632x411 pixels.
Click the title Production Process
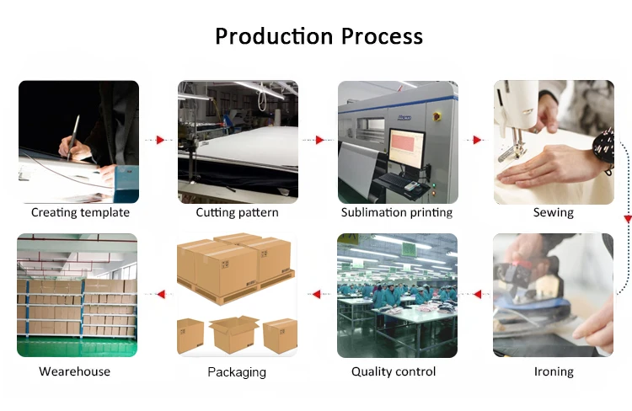tap(319, 36)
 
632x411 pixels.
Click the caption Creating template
tap(80, 212)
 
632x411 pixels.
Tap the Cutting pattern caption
tap(237, 212)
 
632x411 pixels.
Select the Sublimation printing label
tap(397, 212)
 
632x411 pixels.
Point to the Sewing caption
tap(553, 212)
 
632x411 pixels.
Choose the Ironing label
tap(554, 371)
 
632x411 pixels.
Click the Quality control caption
tap(394, 371)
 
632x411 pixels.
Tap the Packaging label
tap(237, 371)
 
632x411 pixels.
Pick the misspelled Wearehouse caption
tap(74, 371)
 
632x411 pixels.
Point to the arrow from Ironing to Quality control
tap(478, 295)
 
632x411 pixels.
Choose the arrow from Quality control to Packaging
tap(317, 295)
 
